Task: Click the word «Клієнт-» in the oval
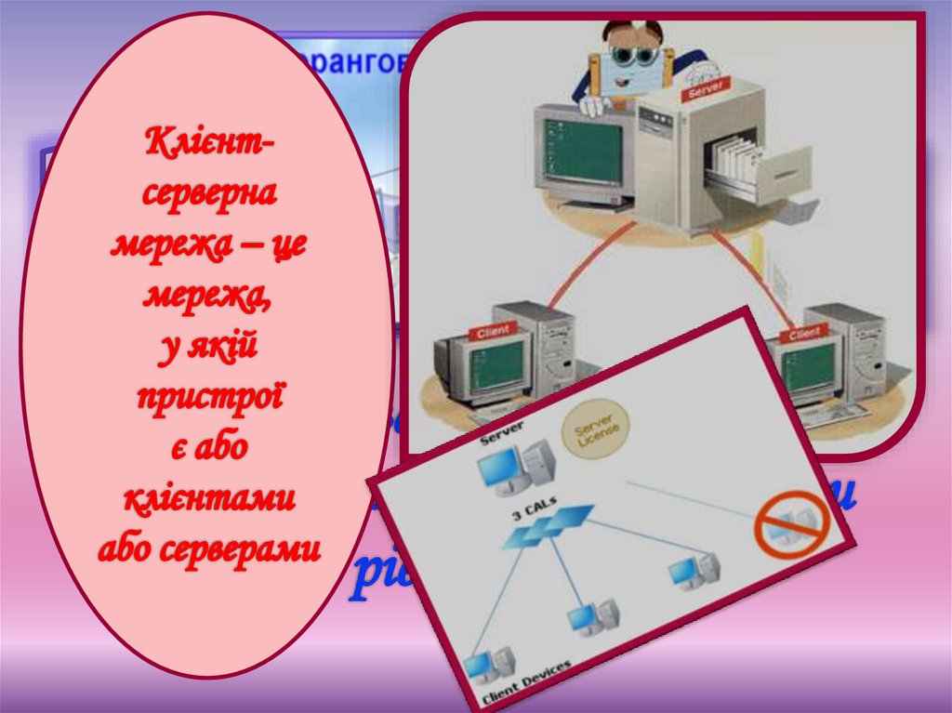click(208, 145)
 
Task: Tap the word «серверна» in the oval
click(208, 195)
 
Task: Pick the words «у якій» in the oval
click(208, 348)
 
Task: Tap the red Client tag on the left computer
click(496, 332)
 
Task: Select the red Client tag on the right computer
click(801, 333)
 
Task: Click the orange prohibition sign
click(789, 524)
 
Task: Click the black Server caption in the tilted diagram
click(501, 431)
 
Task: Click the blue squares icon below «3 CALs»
click(549, 525)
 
